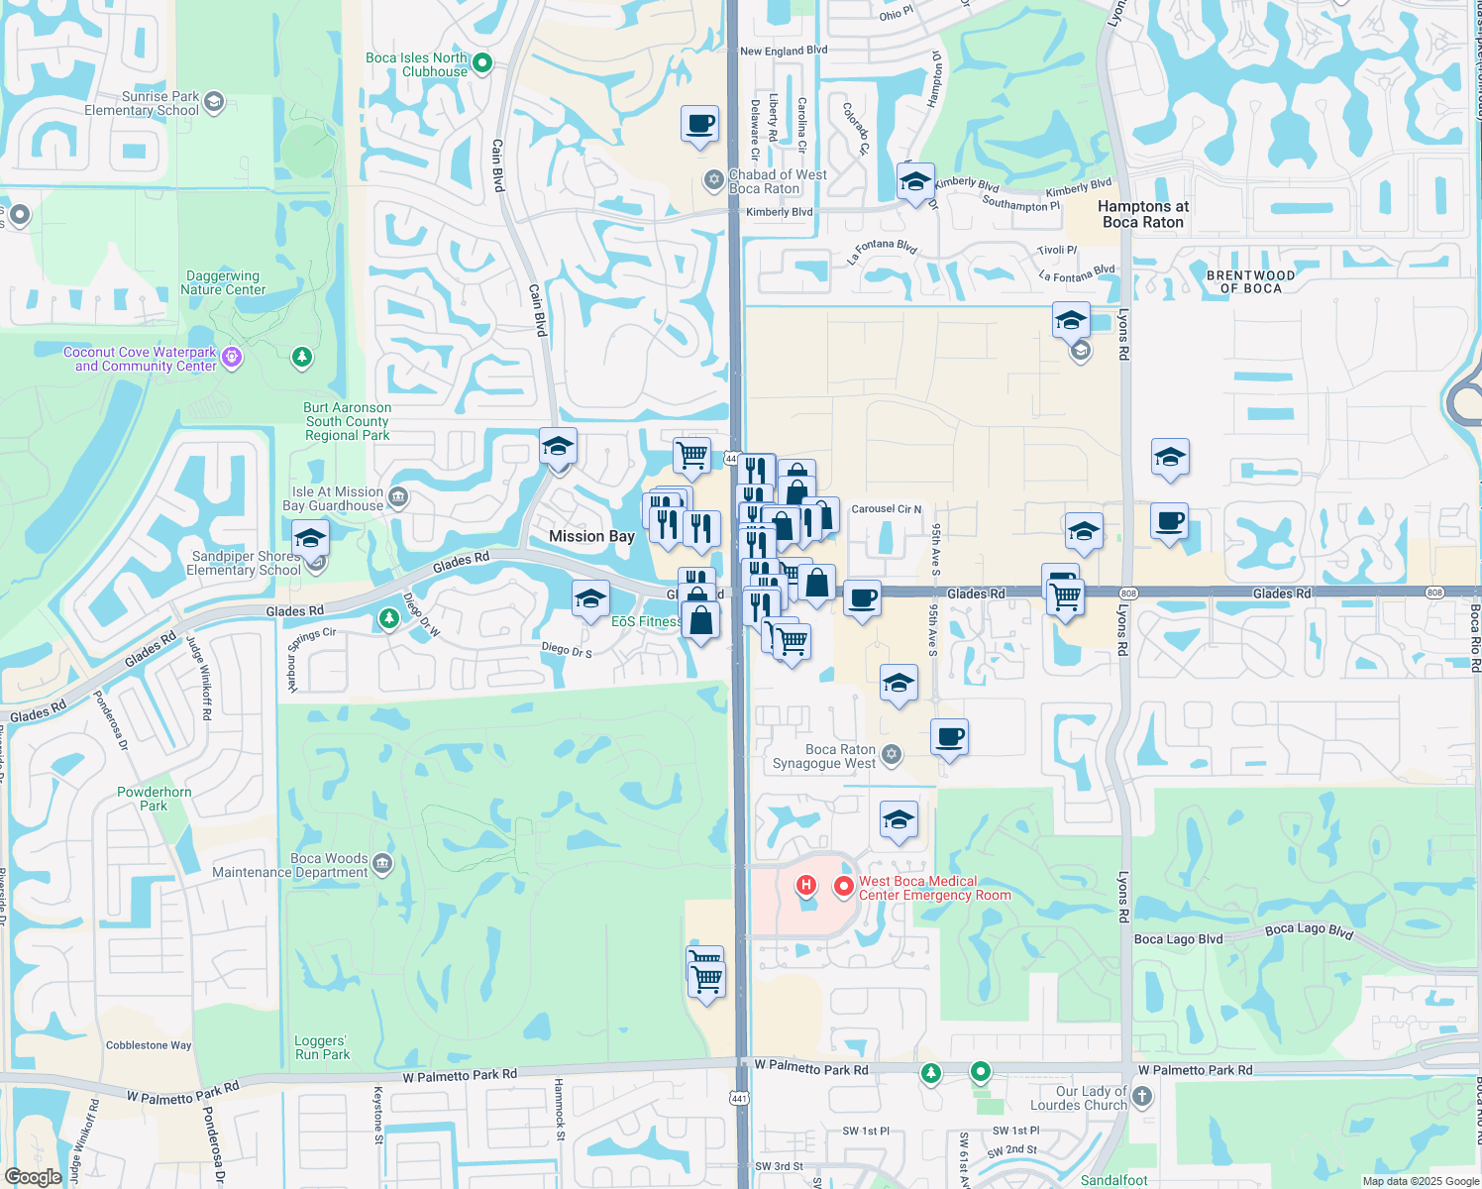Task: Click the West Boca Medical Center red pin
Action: (843, 887)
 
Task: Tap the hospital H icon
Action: (806, 884)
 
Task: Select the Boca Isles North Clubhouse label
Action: (416, 64)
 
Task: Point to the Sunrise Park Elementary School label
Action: (142, 104)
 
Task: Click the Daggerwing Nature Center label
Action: (223, 283)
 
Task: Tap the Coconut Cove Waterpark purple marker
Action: (232, 357)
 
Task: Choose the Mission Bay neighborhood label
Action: (591, 536)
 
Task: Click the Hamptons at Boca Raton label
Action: (1143, 214)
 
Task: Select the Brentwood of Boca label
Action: (1250, 282)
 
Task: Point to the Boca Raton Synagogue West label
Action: (824, 757)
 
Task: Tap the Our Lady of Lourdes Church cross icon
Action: (1142, 1096)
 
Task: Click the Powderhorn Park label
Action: (155, 799)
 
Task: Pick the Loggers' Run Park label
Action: (322, 1048)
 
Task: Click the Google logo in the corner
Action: (33, 1177)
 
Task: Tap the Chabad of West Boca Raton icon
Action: (713, 180)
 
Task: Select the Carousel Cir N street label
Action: (887, 509)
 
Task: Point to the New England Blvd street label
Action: (784, 51)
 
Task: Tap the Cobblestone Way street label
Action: (149, 1045)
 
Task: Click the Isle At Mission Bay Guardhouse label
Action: (333, 498)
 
